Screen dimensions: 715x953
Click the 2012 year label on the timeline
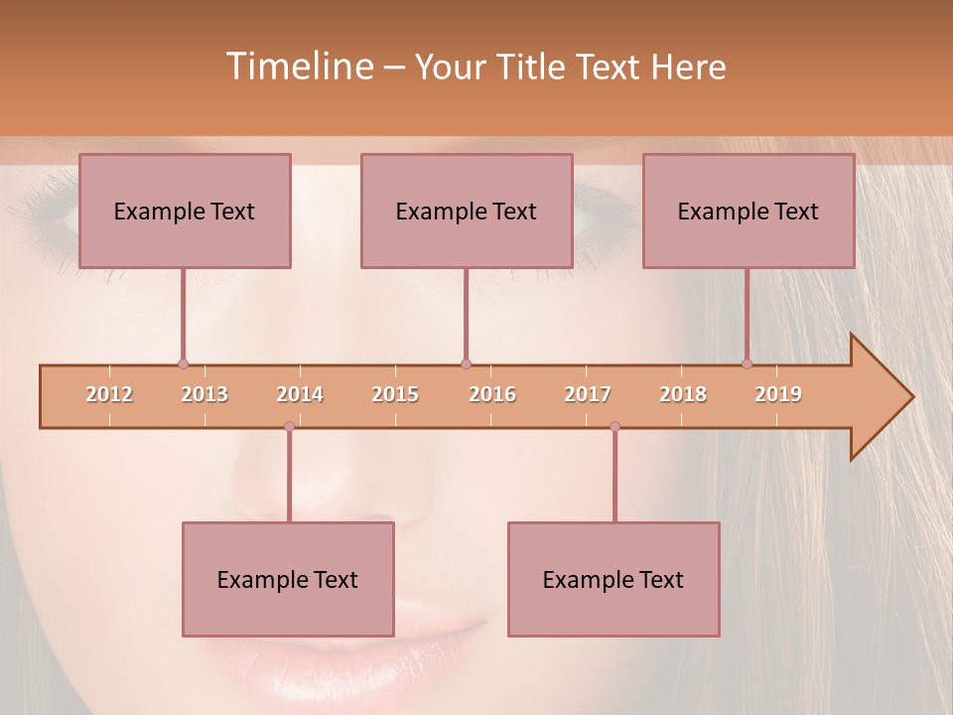click(109, 394)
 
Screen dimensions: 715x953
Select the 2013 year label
click(204, 394)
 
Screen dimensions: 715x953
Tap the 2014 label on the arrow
click(300, 394)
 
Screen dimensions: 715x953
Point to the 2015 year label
click(395, 394)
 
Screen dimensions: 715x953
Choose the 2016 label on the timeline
click(492, 394)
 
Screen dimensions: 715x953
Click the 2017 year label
click(588, 394)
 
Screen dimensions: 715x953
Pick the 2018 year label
click(683, 394)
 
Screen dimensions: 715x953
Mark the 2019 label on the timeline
click(778, 394)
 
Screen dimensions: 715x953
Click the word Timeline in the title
click(298, 67)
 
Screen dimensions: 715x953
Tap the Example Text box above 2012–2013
click(185, 211)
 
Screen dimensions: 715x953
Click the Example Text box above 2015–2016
click(467, 211)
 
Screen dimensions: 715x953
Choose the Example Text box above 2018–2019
click(749, 211)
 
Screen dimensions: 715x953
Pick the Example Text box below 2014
click(288, 579)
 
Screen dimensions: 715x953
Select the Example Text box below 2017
click(613, 579)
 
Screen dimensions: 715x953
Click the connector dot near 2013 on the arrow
click(183, 364)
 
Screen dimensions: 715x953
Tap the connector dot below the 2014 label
click(289, 427)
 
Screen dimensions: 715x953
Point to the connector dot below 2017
click(614, 427)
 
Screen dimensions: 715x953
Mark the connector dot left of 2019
click(747, 364)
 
